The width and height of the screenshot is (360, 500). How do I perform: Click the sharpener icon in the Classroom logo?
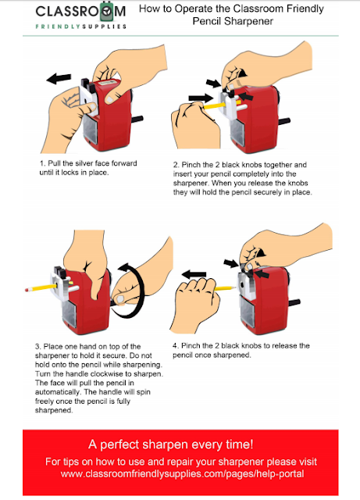(x=107, y=12)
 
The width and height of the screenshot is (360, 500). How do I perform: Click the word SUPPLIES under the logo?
(x=105, y=27)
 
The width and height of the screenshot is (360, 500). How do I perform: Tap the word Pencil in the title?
(x=207, y=21)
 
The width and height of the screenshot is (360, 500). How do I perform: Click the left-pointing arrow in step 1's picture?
(x=59, y=78)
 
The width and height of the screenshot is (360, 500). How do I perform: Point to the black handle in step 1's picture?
(x=137, y=120)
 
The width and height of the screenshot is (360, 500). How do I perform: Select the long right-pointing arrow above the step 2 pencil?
(x=201, y=98)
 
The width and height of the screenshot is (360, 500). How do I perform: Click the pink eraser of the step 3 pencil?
(x=27, y=290)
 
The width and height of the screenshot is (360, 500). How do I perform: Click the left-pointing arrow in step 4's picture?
(x=194, y=274)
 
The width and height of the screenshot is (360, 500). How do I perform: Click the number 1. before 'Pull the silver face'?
(x=42, y=163)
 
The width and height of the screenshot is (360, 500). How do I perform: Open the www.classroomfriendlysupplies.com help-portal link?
(x=182, y=474)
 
